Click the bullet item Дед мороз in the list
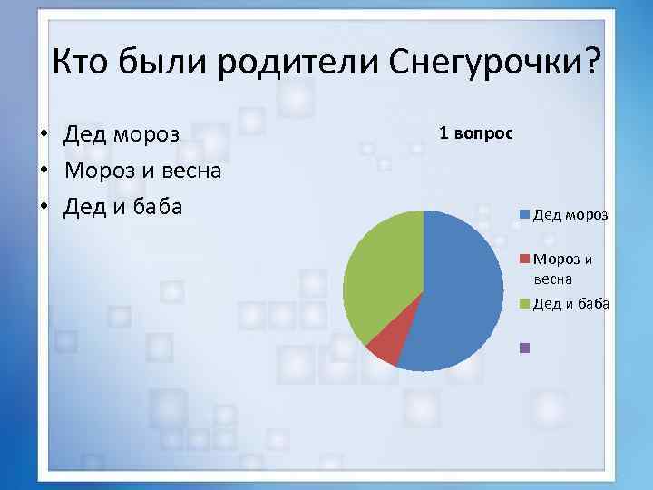(x=122, y=135)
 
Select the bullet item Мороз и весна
(x=142, y=171)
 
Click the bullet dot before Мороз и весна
(x=43, y=171)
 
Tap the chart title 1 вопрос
(x=476, y=132)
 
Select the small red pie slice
(x=384, y=347)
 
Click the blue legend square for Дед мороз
(x=524, y=215)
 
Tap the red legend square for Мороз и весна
(x=524, y=259)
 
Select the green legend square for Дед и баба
(x=524, y=303)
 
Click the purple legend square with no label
(x=524, y=347)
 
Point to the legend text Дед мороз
(x=570, y=215)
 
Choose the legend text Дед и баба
(x=570, y=303)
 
